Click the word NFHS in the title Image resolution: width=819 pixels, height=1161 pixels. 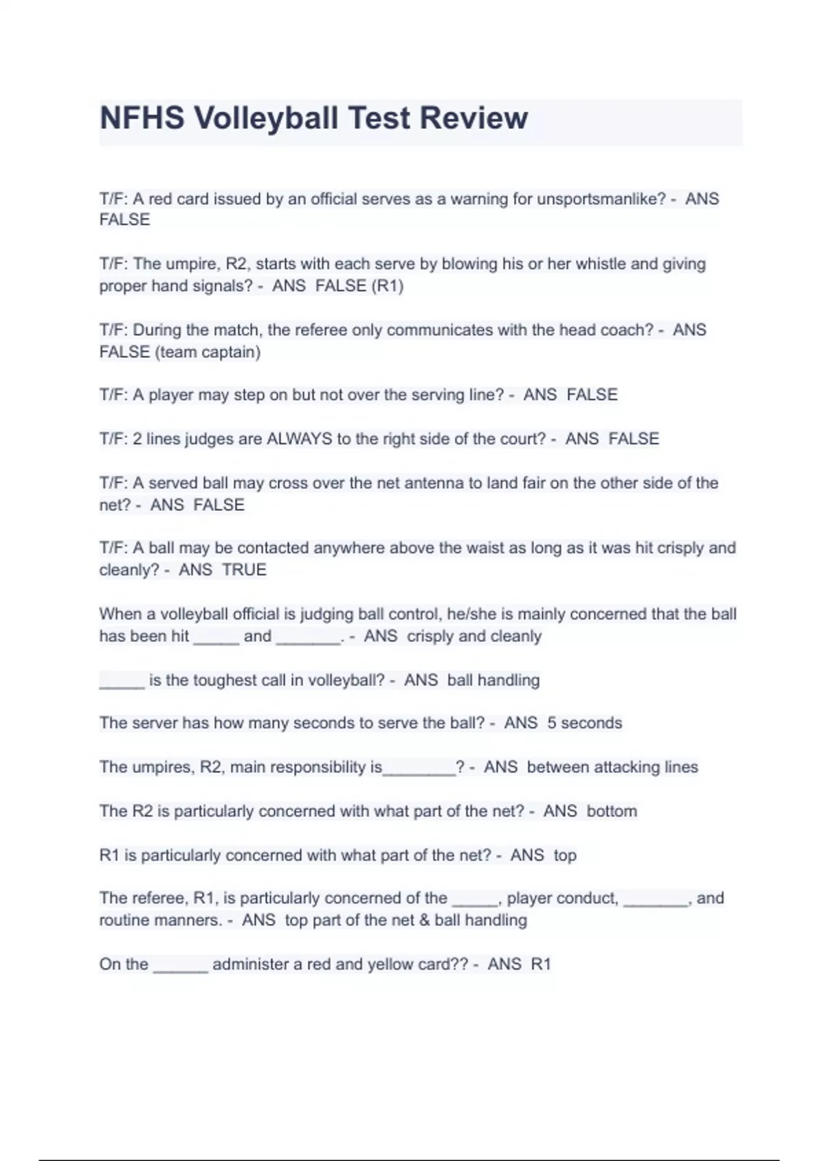click(142, 118)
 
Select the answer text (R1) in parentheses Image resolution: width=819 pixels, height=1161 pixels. click(388, 285)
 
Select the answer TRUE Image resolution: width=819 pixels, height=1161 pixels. click(244, 570)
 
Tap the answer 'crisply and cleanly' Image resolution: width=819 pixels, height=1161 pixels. click(474, 637)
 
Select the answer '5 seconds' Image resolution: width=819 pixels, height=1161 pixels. click(585, 723)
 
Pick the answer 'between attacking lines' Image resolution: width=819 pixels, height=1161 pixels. click(612, 768)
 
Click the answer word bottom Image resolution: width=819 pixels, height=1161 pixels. click(612, 812)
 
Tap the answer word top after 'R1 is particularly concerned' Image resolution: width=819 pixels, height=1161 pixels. click(565, 856)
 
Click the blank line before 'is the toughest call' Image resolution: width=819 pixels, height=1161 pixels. click(122, 685)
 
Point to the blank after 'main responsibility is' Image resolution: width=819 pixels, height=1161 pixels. click(419, 772)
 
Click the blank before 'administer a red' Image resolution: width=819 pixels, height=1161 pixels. click(180, 970)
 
